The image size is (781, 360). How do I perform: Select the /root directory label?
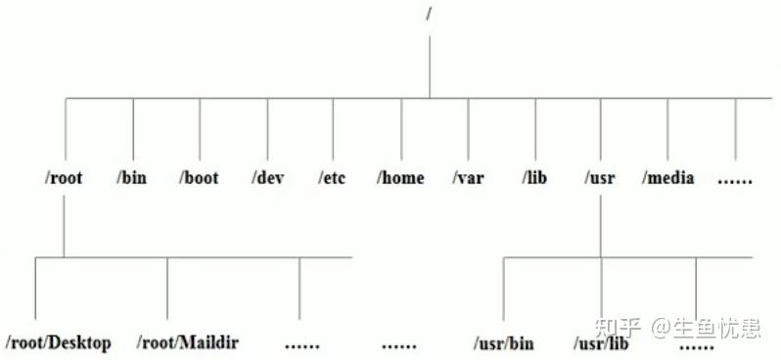[62, 178]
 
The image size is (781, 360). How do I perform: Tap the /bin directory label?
[132, 178]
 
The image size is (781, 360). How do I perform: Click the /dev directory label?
[266, 178]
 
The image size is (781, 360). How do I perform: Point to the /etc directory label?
[334, 178]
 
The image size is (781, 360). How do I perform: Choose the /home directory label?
[401, 178]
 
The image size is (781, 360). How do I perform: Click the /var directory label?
[468, 178]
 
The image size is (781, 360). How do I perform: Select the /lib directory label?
[535, 178]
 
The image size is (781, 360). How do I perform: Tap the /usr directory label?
[601, 178]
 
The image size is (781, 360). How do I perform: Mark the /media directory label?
[668, 178]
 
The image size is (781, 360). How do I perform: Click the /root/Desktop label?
[59, 343]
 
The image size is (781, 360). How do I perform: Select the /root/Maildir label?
[188, 343]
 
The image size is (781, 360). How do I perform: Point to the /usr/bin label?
[504, 343]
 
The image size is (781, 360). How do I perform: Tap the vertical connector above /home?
[400, 132]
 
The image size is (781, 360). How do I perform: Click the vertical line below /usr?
[600, 225]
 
